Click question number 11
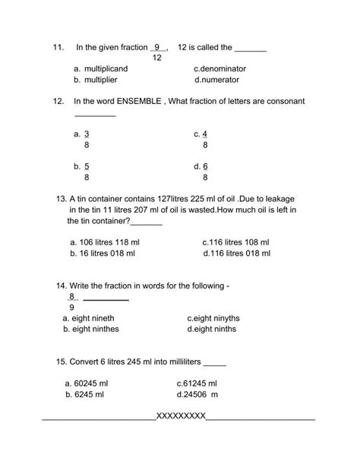coord(58,47)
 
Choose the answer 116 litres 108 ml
coord(235,242)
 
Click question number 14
coord(62,286)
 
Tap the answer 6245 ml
coord(90,394)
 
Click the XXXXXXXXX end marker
coord(180,416)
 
